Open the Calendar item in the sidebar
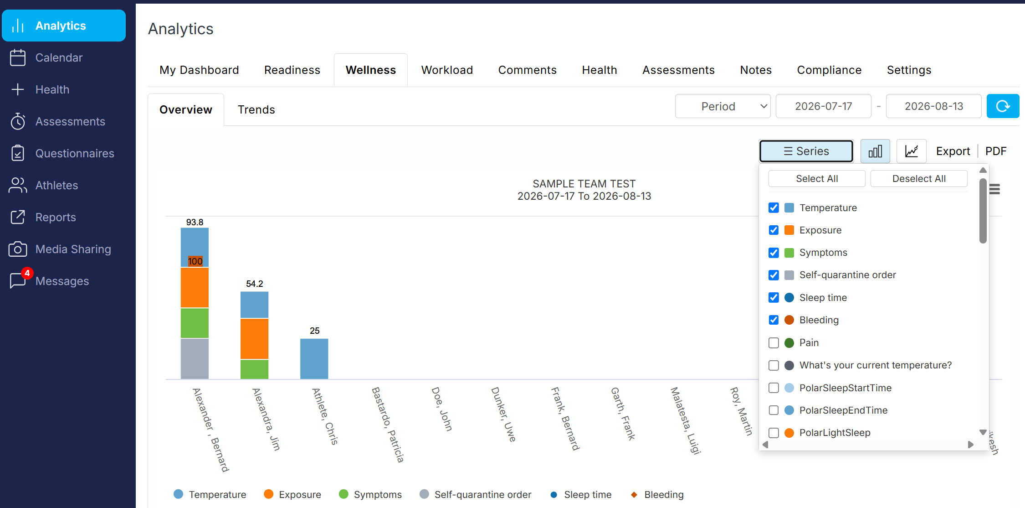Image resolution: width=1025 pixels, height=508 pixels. tap(59, 57)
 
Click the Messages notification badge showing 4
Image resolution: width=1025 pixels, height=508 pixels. tap(27, 273)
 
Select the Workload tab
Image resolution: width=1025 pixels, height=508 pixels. tap(447, 70)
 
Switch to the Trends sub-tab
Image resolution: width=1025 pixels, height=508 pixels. tap(256, 109)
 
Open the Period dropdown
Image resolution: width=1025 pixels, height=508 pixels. tap(723, 106)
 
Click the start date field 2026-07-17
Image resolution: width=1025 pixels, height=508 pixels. tap(823, 106)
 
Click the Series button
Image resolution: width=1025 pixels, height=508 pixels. tap(806, 151)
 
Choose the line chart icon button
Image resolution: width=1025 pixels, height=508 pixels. tap(911, 151)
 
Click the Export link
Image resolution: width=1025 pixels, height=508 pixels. tap(953, 151)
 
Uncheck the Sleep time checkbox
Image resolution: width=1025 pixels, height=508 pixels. tap(774, 297)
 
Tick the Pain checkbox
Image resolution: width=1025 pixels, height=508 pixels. tap(774, 342)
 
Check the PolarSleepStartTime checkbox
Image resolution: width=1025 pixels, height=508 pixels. tap(774, 388)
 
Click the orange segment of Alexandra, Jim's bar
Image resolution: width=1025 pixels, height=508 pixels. tap(254, 339)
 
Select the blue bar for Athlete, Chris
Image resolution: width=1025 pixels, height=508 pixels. tap(314, 358)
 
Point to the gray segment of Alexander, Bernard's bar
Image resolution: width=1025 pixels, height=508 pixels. tap(195, 358)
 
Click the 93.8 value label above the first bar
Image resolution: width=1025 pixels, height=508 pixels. tap(195, 222)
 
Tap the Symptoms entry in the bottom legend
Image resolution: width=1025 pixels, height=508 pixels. tap(370, 494)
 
